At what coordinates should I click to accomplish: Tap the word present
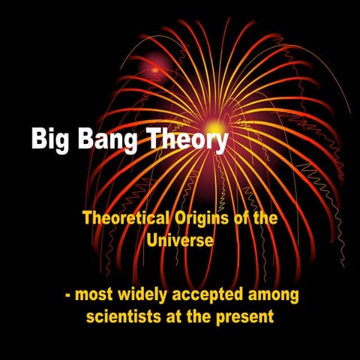pyautogui.click(x=247, y=315)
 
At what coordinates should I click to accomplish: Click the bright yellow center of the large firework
pyautogui.click(x=215, y=127)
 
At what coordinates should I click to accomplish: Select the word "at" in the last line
pyautogui.click(x=175, y=315)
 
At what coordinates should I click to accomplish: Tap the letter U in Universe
pyautogui.click(x=153, y=241)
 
